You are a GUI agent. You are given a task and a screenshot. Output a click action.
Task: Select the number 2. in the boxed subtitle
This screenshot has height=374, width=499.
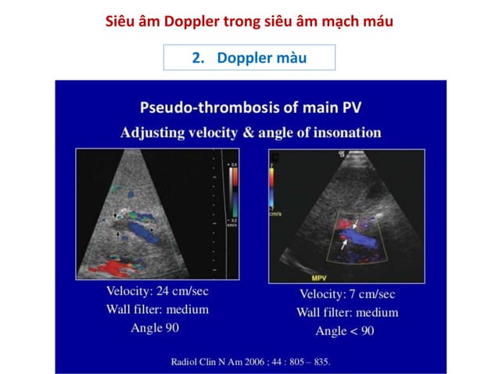[x=198, y=59]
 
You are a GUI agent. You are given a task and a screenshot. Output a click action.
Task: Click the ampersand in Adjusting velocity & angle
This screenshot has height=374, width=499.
[x=249, y=132]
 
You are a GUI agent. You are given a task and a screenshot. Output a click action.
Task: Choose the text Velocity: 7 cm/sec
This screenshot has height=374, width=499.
[x=347, y=294]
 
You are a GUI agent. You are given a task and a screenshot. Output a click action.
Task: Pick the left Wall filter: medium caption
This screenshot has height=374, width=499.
[x=157, y=309]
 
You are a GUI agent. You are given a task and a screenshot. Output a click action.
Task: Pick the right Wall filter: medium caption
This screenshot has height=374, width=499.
[x=347, y=312]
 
